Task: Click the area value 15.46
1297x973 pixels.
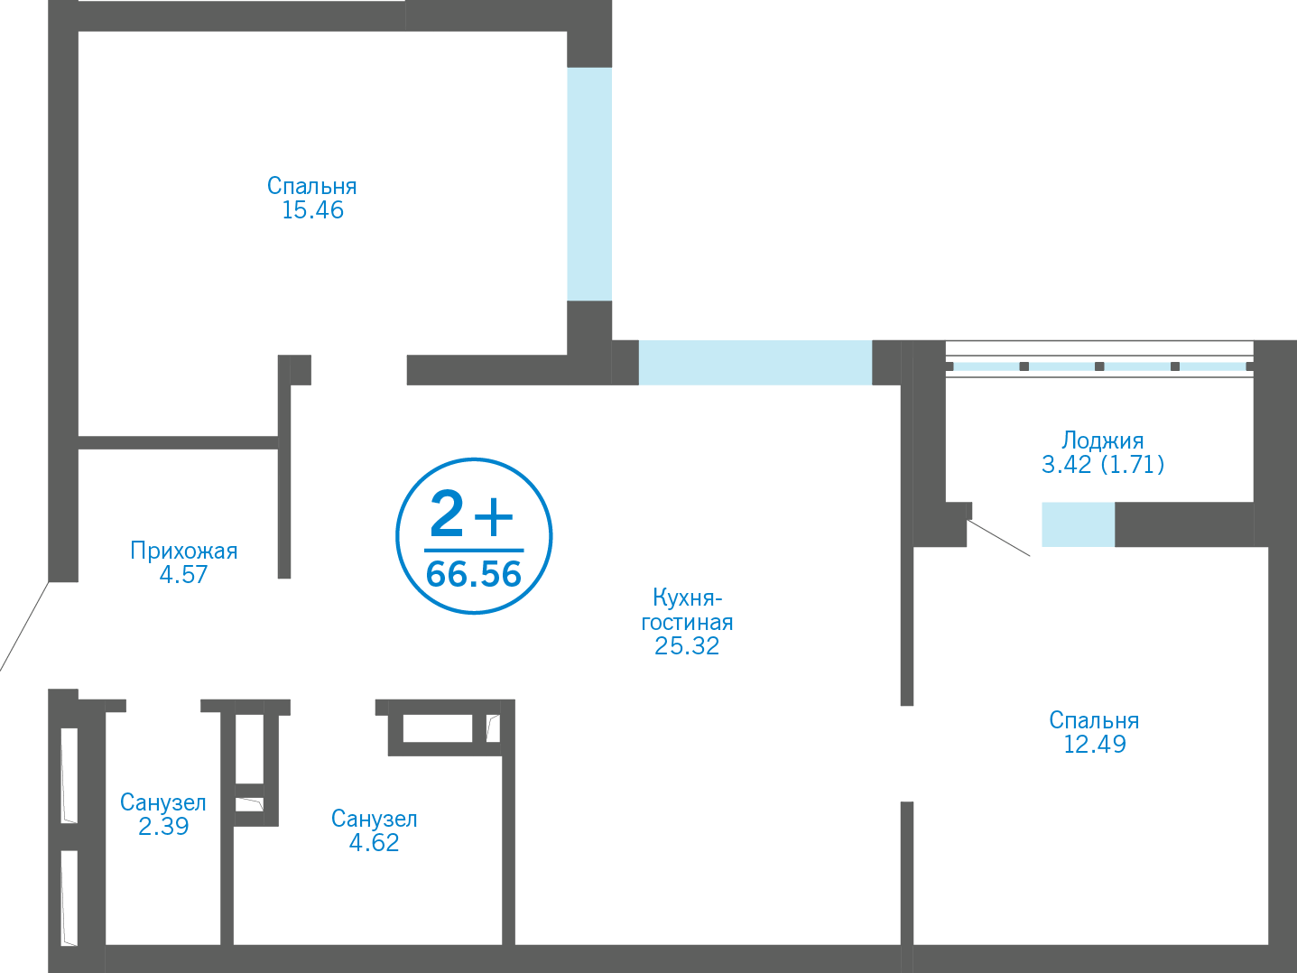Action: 312,210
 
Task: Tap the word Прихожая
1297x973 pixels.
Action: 184,551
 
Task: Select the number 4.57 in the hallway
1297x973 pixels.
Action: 184,574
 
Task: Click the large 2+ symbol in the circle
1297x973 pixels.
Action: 471,514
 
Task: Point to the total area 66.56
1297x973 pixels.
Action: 474,574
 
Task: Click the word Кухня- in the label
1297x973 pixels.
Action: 687,598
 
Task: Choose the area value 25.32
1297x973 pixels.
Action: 687,645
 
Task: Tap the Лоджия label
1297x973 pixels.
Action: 1103,440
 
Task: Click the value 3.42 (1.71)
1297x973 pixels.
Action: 1103,464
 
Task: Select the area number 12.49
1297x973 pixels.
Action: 1094,744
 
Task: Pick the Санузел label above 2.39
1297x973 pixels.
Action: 163,802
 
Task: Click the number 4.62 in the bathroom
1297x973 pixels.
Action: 374,842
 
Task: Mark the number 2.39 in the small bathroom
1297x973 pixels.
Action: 163,826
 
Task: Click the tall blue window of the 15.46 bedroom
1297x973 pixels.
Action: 589,184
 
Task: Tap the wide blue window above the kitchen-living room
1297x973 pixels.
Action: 755,363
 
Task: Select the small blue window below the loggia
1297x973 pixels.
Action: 1078,524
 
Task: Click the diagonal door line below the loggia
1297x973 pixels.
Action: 998,538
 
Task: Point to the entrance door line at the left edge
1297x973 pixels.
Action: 24,626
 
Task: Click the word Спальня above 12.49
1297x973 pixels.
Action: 1094,721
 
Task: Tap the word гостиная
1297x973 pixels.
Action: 687,623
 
